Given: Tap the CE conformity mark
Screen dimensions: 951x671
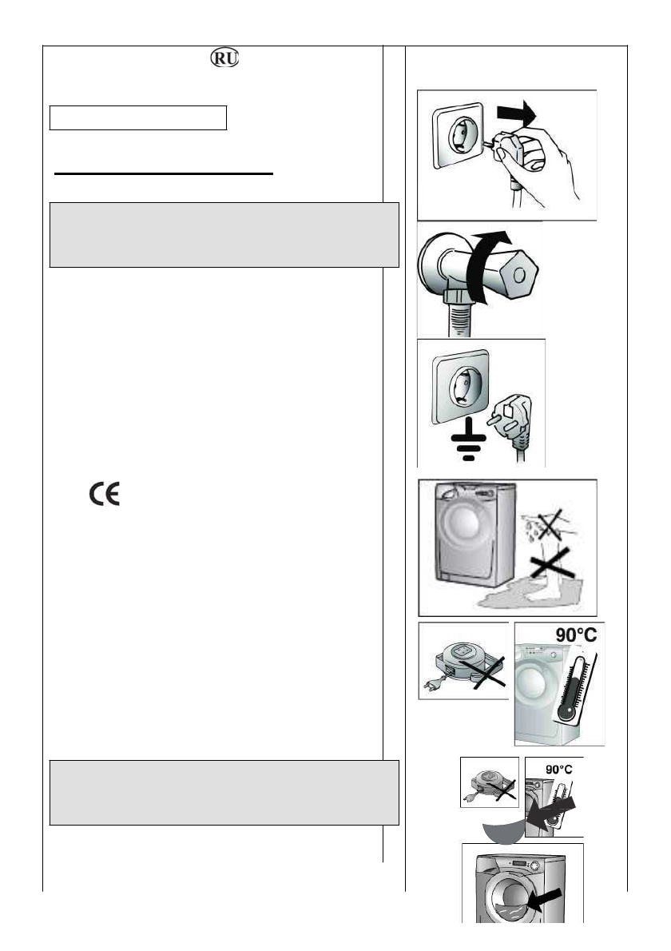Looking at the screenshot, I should pyautogui.click(x=104, y=495).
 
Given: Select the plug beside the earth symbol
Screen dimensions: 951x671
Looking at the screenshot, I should pyautogui.click(x=512, y=420).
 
